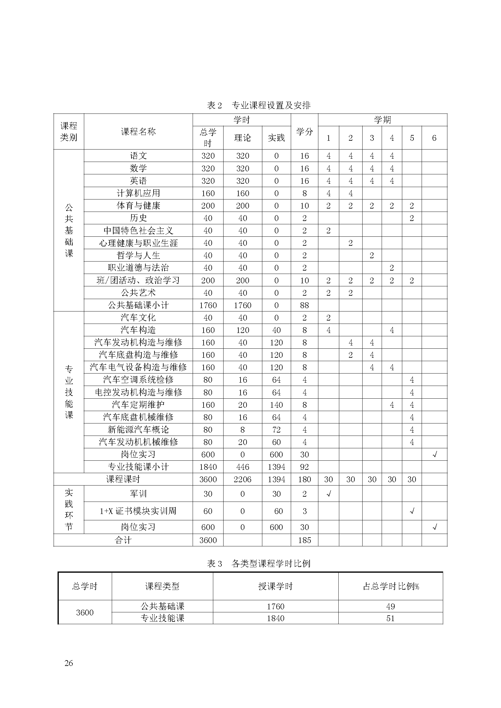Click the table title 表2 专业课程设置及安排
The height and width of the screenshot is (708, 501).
click(x=258, y=105)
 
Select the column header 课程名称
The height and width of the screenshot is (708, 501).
click(x=138, y=132)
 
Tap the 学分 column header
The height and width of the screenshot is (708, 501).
click(x=304, y=132)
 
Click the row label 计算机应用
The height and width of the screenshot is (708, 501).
click(x=138, y=193)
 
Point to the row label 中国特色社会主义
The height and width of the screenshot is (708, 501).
click(x=138, y=231)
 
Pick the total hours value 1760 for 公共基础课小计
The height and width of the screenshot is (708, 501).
click(x=208, y=305)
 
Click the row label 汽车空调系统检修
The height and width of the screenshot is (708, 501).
click(x=138, y=380)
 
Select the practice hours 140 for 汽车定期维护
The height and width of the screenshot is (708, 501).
click(x=276, y=405)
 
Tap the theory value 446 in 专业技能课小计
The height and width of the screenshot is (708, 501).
click(x=243, y=467)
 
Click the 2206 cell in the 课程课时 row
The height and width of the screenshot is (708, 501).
click(x=243, y=479)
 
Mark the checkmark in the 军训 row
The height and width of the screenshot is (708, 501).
click(x=329, y=494)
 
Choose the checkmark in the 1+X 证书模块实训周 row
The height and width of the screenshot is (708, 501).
click(x=412, y=511)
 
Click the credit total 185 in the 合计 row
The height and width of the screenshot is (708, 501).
click(x=304, y=540)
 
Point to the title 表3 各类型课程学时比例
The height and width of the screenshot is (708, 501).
click(x=258, y=564)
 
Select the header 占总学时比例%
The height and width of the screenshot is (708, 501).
click(x=390, y=586)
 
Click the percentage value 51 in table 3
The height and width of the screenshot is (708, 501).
click(x=390, y=618)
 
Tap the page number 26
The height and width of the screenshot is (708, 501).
click(x=69, y=663)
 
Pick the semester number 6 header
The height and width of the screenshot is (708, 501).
click(x=434, y=138)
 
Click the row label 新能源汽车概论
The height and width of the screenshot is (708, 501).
click(x=138, y=430)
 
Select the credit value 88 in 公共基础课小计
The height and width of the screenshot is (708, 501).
click(x=304, y=305)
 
